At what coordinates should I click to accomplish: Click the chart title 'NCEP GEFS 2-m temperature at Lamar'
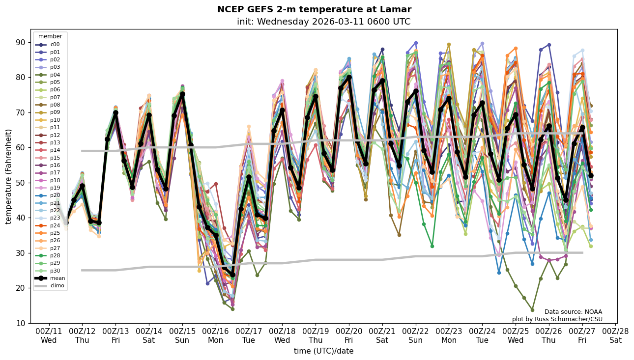coord(314,9)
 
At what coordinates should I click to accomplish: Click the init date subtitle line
coord(323,22)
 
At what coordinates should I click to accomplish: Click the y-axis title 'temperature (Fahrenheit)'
coord(9,176)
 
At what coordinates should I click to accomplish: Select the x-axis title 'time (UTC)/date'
coord(323,351)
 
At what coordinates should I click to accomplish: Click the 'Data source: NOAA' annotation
coord(573,312)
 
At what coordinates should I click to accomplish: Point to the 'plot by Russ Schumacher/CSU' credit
coord(557,319)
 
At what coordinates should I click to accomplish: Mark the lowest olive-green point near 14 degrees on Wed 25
coord(532,310)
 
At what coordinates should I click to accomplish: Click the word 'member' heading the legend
coord(50,36)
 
